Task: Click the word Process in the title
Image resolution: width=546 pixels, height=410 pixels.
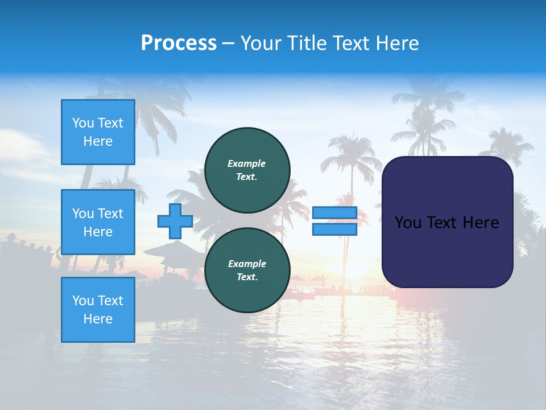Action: (x=179, y=43)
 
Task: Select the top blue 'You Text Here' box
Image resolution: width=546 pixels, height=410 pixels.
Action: (x=98, y=132)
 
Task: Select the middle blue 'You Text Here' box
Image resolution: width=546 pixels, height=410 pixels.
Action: (x=98, y=222)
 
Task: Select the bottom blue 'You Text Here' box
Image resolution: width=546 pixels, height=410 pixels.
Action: (x=98, y=310)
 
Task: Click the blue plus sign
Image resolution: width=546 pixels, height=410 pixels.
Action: (x=175, y=221)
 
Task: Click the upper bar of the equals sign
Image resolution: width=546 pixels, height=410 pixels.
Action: (x=334, y=213)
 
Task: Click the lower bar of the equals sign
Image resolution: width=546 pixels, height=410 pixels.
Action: (x=334, y=229)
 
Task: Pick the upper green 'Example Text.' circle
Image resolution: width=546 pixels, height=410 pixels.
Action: (x=247, y=170)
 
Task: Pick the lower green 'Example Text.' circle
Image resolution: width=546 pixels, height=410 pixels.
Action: (x=247, y=270)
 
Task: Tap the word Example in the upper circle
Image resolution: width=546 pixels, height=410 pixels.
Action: (x=247, y=163)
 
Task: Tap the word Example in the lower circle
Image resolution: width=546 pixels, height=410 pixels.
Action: (x=247, y=264)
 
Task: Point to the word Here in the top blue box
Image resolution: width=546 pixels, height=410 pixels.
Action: (x=98, y=141)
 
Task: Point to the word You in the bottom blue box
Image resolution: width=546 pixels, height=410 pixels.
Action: (x=82, y=301)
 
